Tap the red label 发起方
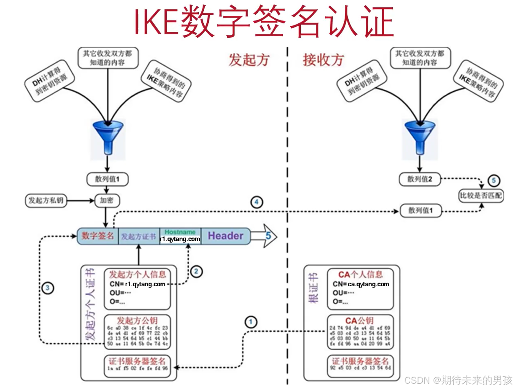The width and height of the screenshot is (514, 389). pyautogui.click(x=249, y=60)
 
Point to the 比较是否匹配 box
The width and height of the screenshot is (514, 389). pyautogui.click(x=480, y=196)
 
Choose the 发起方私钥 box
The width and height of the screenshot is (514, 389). pyautogui.click(x=45, y=201)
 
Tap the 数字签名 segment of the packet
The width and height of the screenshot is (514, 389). pyautogui.click(x=98, y=236)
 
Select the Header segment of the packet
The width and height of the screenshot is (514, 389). pyautogui.click(x=225, y=236)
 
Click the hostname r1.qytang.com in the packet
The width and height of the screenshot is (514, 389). pyautogui.click(x=180, y=239)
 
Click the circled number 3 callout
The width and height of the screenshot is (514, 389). pyautogui.click(x=48, y=288)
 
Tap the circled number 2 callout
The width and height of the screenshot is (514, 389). pyautogui.click(x=196, y=271)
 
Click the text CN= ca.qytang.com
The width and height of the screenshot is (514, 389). pyautogui.click(x=361, y=284)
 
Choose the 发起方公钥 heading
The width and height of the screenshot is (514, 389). pyautogui.click(x=137, y=320)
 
